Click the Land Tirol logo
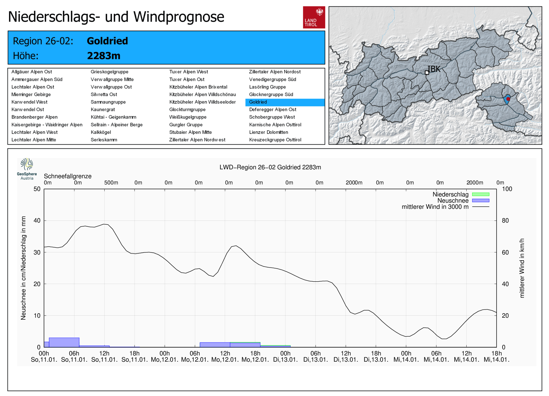[x=314, y=17]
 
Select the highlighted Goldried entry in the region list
[x=258, y=102]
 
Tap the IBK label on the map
[x=434, y=69]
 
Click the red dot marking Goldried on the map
[x=508, y=99]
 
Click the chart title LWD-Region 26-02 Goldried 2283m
[x=270, y=167]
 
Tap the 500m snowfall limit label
[x=111, y=183]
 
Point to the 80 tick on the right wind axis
[x=505, y=220]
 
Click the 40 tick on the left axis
[x=37, y=220]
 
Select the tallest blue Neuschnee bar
[x=64, y=342]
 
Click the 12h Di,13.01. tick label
[x=346, y=357]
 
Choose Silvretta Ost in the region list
[x=104, y=94]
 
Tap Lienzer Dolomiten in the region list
[x=268, y=132]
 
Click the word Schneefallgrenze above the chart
[x=68, y=176]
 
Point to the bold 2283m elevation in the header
[x=104, y=56]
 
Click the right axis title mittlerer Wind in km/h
[x=522, y=268]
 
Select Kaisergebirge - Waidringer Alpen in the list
[x=47, y=125]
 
